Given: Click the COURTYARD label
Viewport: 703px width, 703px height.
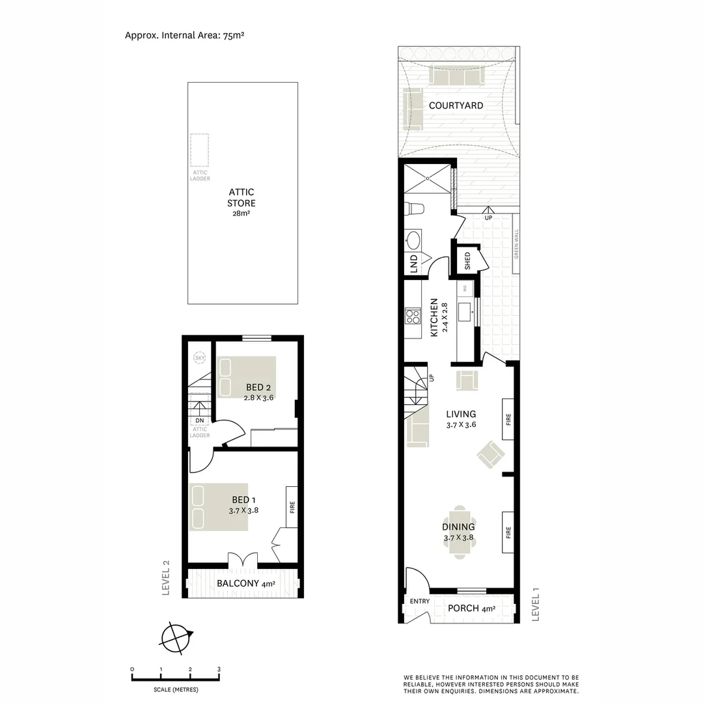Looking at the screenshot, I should pos(456,105).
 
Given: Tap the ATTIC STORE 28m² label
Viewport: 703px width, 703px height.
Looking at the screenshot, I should pos(241,202).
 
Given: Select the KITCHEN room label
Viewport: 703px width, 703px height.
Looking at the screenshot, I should pos(434,318).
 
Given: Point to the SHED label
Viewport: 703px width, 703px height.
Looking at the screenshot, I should pos(467,261).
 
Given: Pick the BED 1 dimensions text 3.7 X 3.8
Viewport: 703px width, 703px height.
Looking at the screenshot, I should pos(244,511).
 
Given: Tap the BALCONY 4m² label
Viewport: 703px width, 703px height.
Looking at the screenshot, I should pos(245,583).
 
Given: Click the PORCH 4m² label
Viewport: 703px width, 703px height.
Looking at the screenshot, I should pos(471,609).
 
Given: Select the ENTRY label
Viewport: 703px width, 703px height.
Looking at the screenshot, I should pos(420,601).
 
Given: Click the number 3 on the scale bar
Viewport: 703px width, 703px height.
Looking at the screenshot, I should pos(219,669).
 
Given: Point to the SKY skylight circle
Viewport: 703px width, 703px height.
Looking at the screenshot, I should pos(199,358).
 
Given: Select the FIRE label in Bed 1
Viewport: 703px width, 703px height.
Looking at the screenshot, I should pos(292,506).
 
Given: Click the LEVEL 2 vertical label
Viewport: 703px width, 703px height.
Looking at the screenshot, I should pos(167,578).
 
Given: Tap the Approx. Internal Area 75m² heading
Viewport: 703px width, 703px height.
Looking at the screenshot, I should pos(184,35).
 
